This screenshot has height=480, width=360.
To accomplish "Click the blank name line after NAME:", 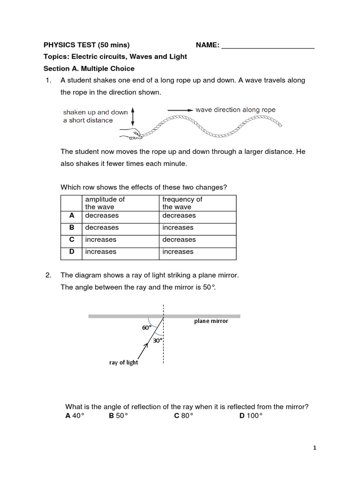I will tap(267, 45).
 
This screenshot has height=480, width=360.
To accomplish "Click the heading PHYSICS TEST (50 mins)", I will tap(86, 45).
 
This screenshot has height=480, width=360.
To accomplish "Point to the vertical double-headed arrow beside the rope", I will tap(134, 116).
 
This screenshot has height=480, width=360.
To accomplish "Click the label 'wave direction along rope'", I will tap(235, 110).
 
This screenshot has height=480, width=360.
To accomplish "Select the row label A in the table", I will tap(72, 216).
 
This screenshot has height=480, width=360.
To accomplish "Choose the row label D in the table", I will tap(72, 252).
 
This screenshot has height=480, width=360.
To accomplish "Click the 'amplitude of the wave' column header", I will tap(105, 203).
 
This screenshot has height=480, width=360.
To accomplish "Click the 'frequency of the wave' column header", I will tap(182, 203).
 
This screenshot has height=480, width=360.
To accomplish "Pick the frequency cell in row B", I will tap(178, 228).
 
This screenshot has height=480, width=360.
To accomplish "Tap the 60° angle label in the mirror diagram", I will tap(147, 328).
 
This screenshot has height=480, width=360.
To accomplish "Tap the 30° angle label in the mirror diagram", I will tap(157, 341).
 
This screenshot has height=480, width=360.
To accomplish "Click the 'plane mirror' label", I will tap(211, 321).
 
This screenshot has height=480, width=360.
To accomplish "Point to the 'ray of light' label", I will tap(123, 362).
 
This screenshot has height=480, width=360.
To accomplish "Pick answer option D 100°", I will tap(251, 415).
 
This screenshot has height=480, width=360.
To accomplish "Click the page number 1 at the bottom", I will tap(315, 448).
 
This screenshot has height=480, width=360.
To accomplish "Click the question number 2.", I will tap(48, 275).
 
